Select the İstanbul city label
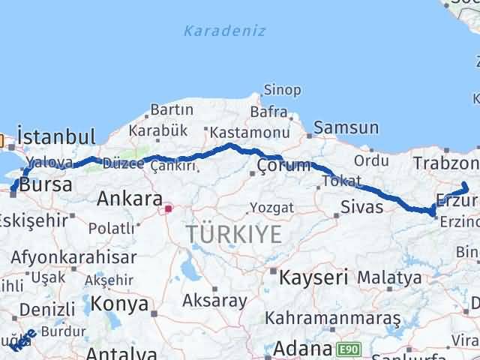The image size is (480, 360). click(56, 136)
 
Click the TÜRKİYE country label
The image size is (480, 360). click(235, 234)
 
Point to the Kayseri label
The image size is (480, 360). click(313, 277)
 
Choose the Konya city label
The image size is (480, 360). click(119, 304)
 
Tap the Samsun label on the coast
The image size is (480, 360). click(346, 128)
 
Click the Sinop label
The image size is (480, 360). click(283, 90)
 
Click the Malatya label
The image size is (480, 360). click(388, 277)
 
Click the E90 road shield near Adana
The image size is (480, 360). click(348, 349)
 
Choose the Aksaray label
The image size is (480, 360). click(214, 301)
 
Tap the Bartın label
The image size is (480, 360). click(172, 109)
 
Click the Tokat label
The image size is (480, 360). click(338, 181)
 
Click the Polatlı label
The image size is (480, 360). click(109, 226)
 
